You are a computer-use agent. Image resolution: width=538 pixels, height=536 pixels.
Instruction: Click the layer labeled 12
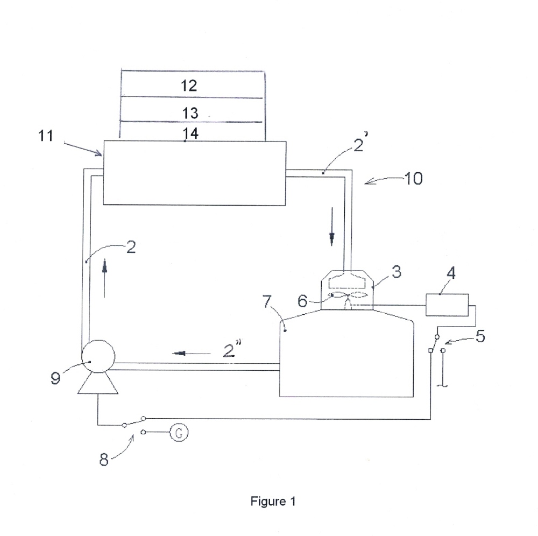click(x=192, y=84)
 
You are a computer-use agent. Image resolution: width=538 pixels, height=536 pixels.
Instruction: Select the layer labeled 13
click(x=192, y=110)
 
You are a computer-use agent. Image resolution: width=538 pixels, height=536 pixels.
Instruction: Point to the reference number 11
click(x=46, y=136)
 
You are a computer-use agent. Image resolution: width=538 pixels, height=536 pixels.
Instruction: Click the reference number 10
click(x=413, y=178)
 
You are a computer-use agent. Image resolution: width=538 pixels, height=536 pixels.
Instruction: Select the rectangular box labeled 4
click(x=447, y=305)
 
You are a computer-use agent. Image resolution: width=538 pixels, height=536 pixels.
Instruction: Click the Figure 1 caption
click(x=273, y=501)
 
